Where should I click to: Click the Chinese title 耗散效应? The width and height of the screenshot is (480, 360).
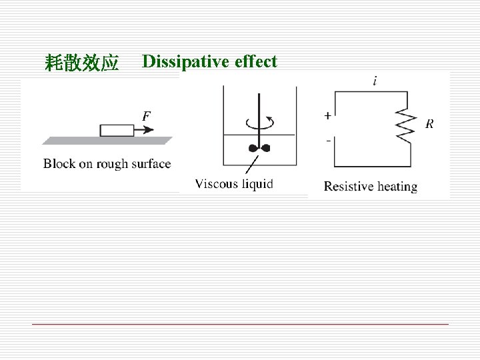[x=81, y=63]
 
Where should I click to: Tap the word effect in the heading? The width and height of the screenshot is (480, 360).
[x=255, y=62]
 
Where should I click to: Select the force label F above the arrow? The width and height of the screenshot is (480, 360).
[x=146, y=116]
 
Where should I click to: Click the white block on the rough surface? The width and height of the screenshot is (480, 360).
[x=117, y=130]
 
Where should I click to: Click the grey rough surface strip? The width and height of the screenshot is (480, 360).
[x=107, y=140]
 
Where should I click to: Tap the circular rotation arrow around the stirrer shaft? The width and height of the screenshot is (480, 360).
[x=259, y=123]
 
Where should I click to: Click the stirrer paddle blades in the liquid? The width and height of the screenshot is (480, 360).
[x=258, y=148]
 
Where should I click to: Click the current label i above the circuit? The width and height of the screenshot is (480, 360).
[x=377, y=81]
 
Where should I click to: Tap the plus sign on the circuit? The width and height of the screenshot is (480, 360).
[x=327, y=116]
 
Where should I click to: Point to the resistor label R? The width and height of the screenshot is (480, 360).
[x=430, y=123]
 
